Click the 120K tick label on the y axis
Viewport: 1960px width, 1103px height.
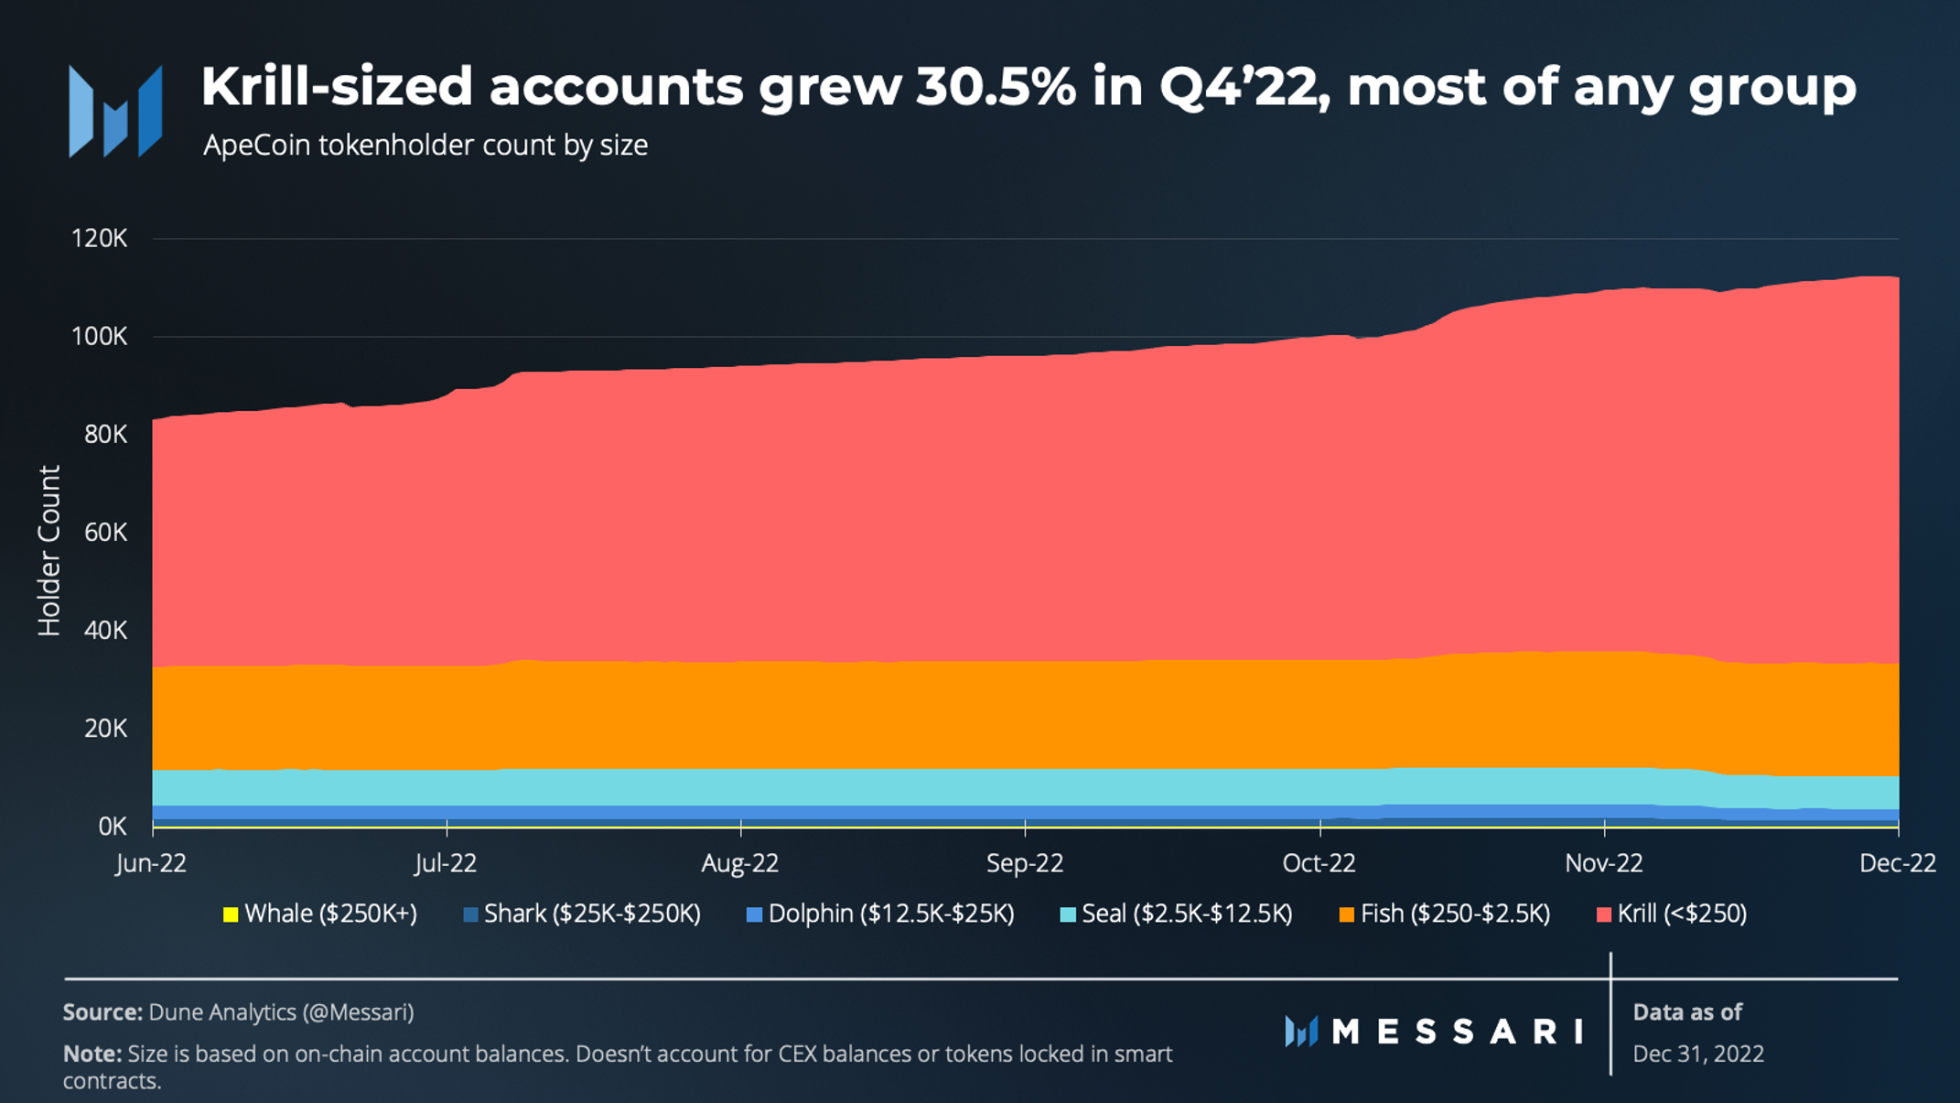(99, 239)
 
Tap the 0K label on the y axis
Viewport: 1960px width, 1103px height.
(112, 827)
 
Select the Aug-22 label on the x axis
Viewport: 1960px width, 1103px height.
(739, 863)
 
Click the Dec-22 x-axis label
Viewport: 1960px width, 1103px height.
(1897, 863)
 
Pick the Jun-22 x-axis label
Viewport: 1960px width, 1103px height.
(151, 863)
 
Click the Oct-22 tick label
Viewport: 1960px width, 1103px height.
(1319, 863)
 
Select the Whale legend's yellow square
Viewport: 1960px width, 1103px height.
(231, 914)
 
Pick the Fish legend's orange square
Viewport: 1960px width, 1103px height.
(1346, 914)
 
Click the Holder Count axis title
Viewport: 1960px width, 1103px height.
(48, 550)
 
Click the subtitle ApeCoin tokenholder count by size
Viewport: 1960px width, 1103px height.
(425, 146)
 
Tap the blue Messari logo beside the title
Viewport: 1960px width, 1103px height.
(115, 112)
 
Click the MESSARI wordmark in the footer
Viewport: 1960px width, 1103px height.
(1457, 1032)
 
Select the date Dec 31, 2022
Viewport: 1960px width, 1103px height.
(1697, 1054)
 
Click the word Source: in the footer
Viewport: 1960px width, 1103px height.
(102, 1012)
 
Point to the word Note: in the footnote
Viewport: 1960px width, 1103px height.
(92, 1054)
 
